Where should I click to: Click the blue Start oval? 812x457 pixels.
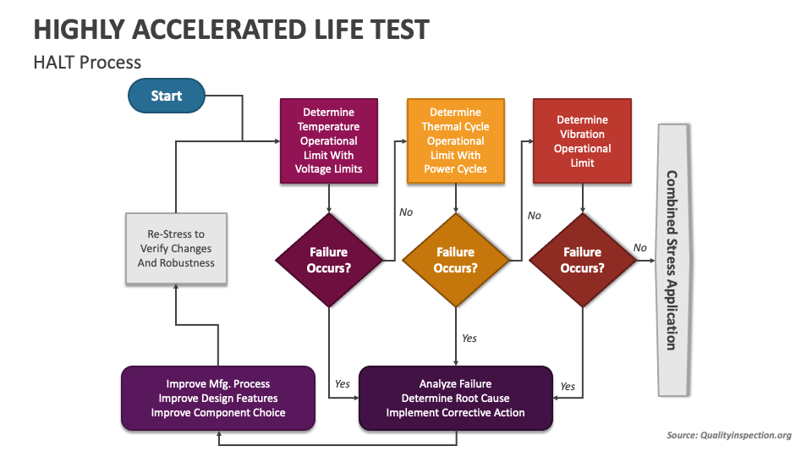coord(166,96)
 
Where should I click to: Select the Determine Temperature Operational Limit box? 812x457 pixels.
coord(328,140)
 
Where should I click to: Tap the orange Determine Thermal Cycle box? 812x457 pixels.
coord(455,140)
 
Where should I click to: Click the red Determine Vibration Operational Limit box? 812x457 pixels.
coord(582,140)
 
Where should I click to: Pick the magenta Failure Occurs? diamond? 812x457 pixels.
coord(328,260)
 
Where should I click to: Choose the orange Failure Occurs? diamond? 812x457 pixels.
coord(455,260)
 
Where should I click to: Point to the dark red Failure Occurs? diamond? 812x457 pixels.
coord(582,260)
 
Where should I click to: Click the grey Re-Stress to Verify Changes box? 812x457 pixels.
coord(176,249)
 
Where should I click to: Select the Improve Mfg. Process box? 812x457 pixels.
coord(218,398)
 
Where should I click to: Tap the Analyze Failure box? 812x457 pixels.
coord(455,398)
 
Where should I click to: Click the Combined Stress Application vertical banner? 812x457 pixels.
coord(672,260)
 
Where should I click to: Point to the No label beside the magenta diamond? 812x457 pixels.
coord(406,212)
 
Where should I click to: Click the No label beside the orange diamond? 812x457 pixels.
coord(534,216)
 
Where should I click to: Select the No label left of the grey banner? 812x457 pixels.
coord(639,247)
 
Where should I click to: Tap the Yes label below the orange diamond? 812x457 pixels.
coord(469,339)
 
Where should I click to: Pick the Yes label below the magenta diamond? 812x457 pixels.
coord(342,383)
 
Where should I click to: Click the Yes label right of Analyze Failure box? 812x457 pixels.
coord(568,387)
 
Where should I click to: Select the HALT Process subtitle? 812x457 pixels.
coord(87,62)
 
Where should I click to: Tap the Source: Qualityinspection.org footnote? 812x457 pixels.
coord(728,435)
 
